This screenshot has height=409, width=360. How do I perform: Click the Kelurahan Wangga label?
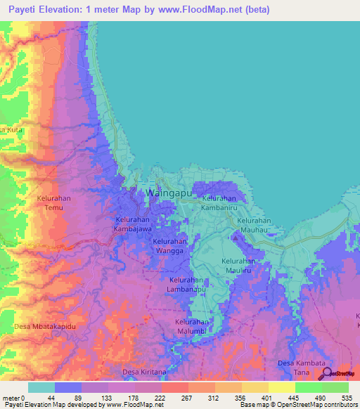pyautogui.click(x=170, y=245)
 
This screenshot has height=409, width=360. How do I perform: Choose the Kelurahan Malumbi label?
pyautogui.click(x=193, y=326)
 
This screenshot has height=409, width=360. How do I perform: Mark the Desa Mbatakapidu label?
pyautogui.click(x=44, y=327)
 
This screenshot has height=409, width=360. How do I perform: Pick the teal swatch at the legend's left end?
pyautogui.click(x=41, y=387)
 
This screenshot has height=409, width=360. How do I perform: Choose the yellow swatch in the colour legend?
pyautogui.click(x=281, y=387)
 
